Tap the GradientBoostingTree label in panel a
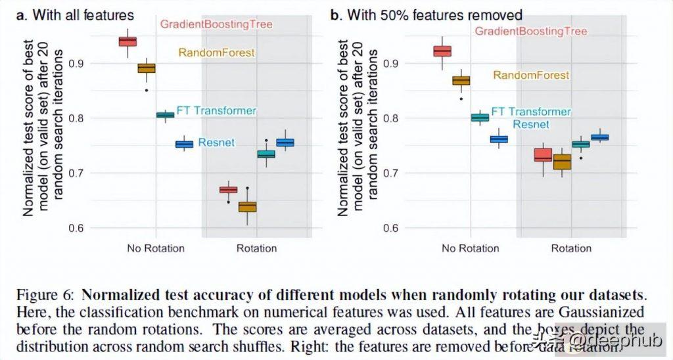pos(206,24)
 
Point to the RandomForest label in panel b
pos(531,75)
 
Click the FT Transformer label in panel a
pos(216,110)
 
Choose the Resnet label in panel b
pos(531,124)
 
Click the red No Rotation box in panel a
pos(128,41)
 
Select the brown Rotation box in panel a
pos(247,207)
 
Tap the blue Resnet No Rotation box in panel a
pos(184,144)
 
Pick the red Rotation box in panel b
pos(543,155)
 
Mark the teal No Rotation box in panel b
pos(480,118)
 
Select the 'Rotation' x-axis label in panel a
pos(256,248)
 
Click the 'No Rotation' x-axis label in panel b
pos(470,248)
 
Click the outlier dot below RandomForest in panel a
pos(146,90)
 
